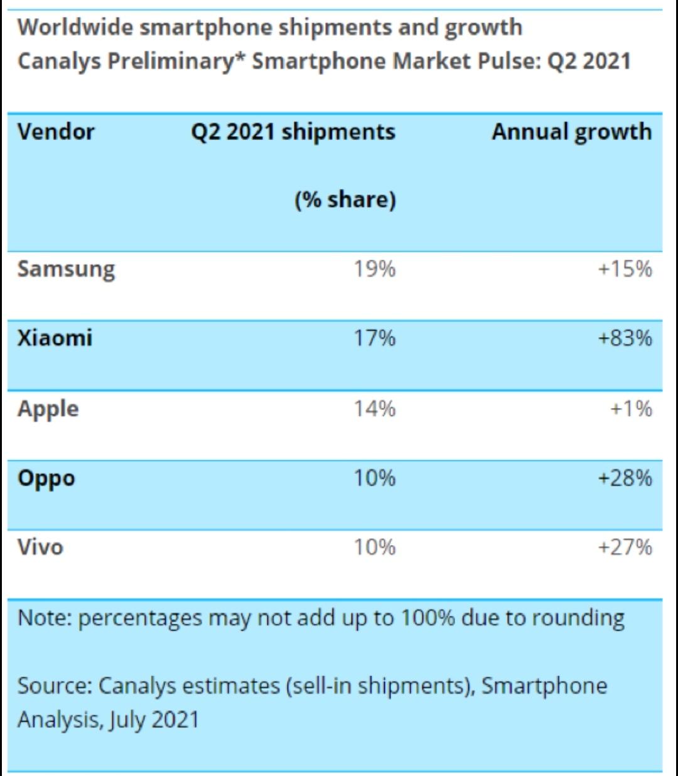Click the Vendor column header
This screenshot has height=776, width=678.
point(56,132)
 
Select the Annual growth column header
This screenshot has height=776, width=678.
point(572,132)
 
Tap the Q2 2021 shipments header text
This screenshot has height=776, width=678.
point(293,132)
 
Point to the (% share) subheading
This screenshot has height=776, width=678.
point(345,200)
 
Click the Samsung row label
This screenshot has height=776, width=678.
point(66,270)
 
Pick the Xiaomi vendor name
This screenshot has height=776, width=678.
point(55,338)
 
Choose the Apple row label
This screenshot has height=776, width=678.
point(48,409)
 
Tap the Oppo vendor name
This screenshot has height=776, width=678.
point(46,479)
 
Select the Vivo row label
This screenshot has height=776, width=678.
point(40,547)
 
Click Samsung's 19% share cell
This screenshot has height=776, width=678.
point(375,269)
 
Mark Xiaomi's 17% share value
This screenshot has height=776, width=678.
point(375,338)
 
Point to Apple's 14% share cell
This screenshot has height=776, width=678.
point(375,409)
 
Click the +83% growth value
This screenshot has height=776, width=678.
point(625,338)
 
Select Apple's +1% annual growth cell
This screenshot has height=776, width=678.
point(631,409)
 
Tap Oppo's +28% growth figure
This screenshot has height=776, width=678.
point(625,478)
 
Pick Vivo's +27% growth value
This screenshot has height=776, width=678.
point(625,547)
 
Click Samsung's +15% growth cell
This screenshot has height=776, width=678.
point(625,269)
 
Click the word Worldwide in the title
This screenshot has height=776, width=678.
point(75,27)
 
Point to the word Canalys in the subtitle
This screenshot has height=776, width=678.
point(59,62)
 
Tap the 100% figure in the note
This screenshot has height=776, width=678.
point(428,618)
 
